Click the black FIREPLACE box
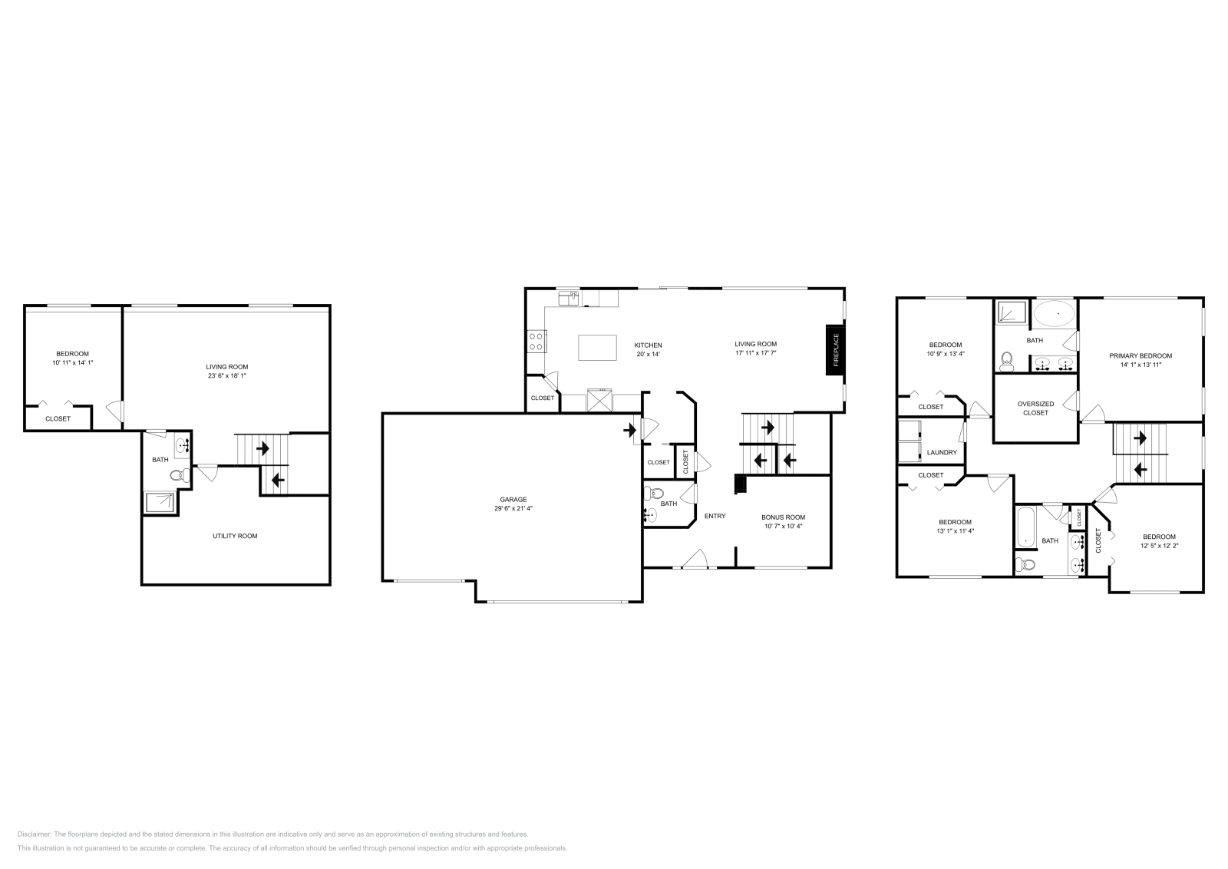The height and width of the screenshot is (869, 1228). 835,350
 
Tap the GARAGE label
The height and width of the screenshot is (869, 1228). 513,500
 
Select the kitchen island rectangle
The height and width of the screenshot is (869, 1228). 597,347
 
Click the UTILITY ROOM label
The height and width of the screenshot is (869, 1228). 235,536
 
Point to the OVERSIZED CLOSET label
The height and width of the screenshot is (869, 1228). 1035,408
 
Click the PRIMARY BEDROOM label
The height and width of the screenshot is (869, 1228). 1140,355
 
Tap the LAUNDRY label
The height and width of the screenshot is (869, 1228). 942,453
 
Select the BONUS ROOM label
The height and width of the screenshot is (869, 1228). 783,517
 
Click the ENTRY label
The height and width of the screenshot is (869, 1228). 715,516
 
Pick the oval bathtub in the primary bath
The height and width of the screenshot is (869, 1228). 1054,313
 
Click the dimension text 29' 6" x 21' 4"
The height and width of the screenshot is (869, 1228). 513,509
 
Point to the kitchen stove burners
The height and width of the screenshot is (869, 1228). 536,341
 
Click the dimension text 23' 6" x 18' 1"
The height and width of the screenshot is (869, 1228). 226,376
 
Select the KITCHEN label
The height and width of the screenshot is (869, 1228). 648,345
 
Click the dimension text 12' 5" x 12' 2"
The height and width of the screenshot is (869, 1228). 1158,546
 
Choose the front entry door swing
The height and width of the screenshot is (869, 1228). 697,558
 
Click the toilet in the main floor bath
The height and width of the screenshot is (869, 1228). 655,492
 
